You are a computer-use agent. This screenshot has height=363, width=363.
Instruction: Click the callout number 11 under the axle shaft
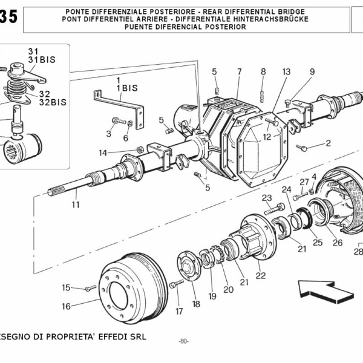click(76, 205)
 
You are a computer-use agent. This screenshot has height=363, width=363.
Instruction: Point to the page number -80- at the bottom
click(183, 342)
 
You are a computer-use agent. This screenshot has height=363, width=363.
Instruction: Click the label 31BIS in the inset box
click(41, 60)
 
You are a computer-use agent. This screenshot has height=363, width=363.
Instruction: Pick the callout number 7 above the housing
click(239, 71)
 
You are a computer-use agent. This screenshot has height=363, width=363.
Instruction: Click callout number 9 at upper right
click(312, 71)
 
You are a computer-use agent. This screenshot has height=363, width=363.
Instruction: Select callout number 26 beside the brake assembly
click(337, 243)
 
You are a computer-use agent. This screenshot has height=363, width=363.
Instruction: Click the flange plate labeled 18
click(187, 270)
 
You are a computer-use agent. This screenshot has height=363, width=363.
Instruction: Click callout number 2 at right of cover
click(328, 143)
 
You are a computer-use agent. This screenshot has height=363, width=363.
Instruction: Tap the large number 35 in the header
click(9, 18)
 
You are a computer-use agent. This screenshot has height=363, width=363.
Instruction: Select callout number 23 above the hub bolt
click(267, 198)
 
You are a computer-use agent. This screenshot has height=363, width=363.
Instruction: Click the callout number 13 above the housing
click(286, 71)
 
